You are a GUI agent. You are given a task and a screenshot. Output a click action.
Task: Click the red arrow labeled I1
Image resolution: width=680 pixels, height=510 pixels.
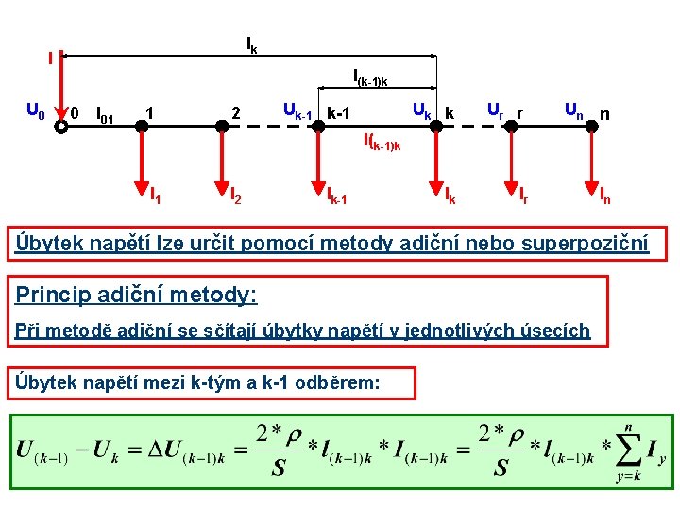[x=140, y=165]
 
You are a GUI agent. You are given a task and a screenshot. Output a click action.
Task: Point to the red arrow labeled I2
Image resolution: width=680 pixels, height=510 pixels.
[x=219, y=165]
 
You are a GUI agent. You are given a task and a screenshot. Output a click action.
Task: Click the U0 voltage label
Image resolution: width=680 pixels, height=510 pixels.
[x=34, y=112]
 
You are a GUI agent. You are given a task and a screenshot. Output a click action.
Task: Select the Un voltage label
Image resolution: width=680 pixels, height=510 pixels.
[x=573, y=110]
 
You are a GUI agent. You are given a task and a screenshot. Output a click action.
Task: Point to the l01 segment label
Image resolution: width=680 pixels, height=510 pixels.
[x=105, y=116]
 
